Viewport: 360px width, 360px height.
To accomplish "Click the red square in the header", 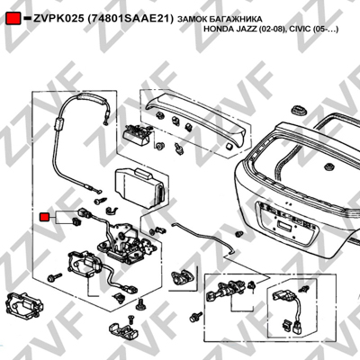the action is point(13,18).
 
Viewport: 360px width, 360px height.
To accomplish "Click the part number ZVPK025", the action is point(58,19).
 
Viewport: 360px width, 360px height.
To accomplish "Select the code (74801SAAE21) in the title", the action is point(130,19).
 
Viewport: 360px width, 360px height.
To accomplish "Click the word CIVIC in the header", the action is point(299,30).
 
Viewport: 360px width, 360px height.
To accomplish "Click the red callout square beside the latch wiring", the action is point(44,217).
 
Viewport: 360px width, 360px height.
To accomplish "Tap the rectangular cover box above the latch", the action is point(139,187).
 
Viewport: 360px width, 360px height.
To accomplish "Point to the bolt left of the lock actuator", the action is point(55,276).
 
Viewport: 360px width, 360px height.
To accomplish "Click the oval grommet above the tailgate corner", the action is point(299,110).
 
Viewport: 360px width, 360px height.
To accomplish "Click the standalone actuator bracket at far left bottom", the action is point(24,306).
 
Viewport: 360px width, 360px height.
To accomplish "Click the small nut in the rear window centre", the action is point(329,166).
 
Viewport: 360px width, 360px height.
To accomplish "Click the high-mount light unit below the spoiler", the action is point(138,134).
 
